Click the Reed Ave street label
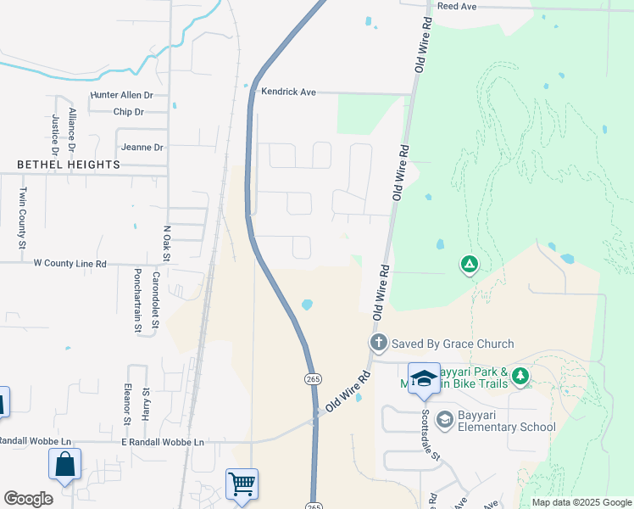pyautogui.click(x=457, y=6)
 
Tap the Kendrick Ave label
pyautogui.click(x=287, y=91)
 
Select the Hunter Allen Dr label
pyautogui.click(x=121, y=96)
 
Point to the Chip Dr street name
pyautogui.click(x=128, y=112)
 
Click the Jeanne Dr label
pyautogui.click(x=142, y=147)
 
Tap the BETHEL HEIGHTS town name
pyautogui.click(x=69, y=164)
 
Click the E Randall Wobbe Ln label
pyautogui.click(x=162, y=442)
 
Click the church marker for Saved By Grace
pyautogui.click(x=378, y=344)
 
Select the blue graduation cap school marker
pyautogui.click(x=424, y=378)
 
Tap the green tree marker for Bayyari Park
pyautogui.click(x=520, y=375)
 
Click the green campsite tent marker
pyautogui.click(x=468, y=265)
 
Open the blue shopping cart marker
pyautogui.click(x=242, y=484)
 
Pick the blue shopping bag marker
pyautogui.click(x=64, y=465)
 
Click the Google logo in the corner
pyautogui.click(x=28, y=499)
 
